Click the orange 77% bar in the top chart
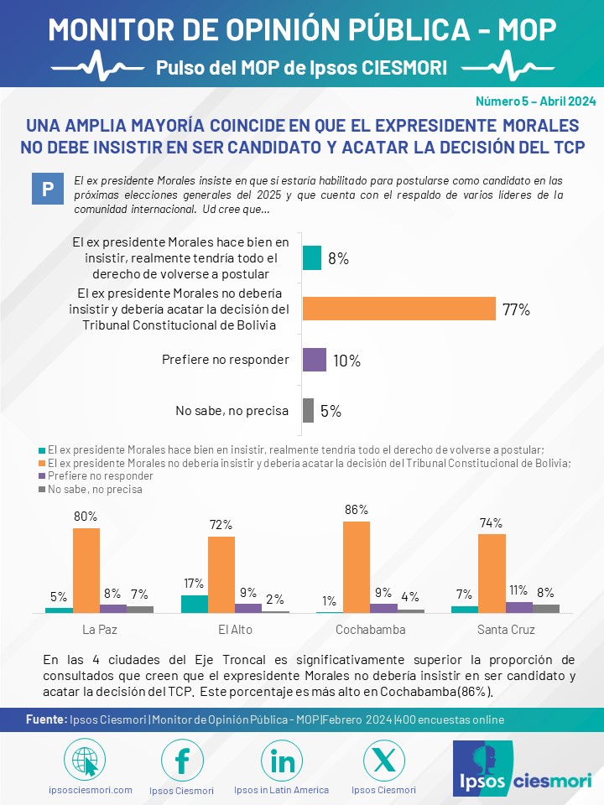[398, 309]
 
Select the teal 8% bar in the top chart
[312, 257]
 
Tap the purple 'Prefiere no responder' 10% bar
[315, 360]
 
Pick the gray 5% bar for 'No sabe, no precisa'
[308, 410]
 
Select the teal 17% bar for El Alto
[195, 604]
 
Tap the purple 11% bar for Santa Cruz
[519, 607]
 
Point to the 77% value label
[517, 309]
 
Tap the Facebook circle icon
[182, 761]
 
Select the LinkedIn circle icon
[282, 761]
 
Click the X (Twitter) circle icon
[383, 761]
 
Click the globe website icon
[85, 761]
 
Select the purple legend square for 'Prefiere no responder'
[43, 475]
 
